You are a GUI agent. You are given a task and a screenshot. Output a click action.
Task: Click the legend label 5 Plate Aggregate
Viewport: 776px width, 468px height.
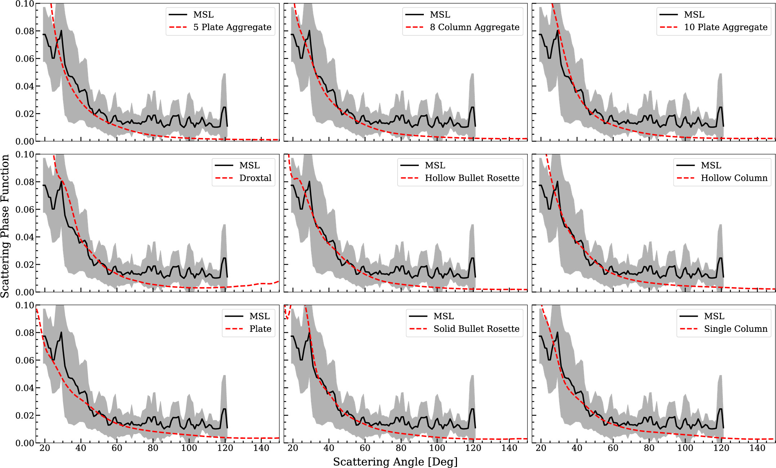click(x=232, y=27)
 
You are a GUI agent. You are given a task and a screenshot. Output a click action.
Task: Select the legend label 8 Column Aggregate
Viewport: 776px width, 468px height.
click(x=474, y=27)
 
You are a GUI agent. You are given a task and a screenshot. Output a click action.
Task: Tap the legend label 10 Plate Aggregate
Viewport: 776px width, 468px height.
click(x=726, y=27)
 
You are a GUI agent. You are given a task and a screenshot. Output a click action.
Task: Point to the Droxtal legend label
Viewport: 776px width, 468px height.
click(x=255, y=178)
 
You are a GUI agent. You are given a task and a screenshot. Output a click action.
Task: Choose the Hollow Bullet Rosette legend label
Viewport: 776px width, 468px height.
click(x=472, y=178)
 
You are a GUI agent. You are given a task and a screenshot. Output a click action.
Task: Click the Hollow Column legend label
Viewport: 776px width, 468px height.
click(x=734, y=178)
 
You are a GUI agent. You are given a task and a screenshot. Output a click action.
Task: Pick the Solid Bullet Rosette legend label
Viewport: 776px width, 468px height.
click(x=476, y=329)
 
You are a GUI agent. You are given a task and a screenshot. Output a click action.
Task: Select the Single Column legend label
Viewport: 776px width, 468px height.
click(x=735, y=329)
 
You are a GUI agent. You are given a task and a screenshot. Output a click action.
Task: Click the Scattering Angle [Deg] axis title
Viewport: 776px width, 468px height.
click(x=395, y=462)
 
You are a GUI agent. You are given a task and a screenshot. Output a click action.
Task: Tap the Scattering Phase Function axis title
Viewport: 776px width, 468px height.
click(x=5, y=226)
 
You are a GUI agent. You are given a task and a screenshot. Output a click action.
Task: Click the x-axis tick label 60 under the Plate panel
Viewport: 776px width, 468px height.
click(x=117, y=448)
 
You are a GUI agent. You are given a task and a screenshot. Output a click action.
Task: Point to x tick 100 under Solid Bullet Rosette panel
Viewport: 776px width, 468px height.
click(x=437, y=448)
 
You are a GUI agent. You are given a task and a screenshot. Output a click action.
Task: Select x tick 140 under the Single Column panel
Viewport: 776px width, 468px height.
click(x=757, y=448)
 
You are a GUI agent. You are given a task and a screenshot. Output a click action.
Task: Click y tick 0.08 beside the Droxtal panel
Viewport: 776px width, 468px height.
click(x=24, y=182)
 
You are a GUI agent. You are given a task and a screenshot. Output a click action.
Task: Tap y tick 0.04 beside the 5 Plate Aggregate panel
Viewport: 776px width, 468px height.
click(x=24, y=86)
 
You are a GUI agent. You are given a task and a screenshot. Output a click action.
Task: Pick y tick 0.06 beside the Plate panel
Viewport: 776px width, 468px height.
click(x=24, y=360)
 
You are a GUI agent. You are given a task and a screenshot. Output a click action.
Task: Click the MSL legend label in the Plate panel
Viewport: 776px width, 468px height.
click(x=259, y=316)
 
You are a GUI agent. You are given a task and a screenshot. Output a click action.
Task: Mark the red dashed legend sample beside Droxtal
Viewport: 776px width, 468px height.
click(x=224, y=178)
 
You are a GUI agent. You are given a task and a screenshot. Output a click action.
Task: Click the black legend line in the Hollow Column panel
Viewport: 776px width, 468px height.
click(x=686, y=165)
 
